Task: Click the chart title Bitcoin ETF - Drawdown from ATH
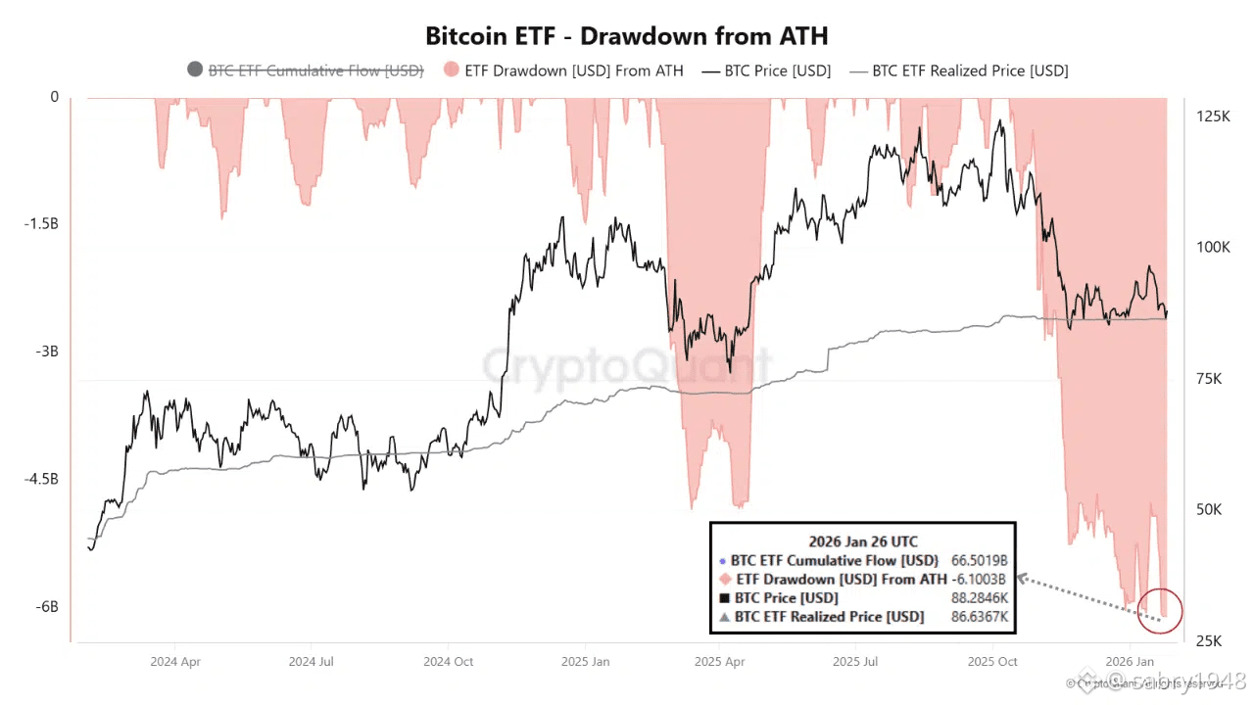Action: click(626, 36)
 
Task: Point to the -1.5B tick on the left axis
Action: click(41, 223)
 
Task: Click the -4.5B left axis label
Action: click(41, 479)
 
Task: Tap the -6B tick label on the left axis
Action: click(47, 607)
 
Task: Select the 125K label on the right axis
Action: click(1214, 117)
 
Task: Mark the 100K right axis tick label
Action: click(1214, 247)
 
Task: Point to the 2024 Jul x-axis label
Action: click(312, 662)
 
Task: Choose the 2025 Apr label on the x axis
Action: click(719, 662)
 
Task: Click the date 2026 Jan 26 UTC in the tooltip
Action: click(863, 541)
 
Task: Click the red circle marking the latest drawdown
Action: click(1163, 610)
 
